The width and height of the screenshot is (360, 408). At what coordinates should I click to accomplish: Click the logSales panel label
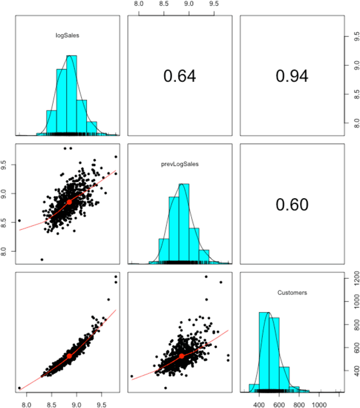tap(67, 36)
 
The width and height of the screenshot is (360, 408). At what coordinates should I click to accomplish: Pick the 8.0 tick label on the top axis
tap(139, 4)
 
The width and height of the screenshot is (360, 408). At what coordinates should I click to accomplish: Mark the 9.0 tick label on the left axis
tap(6, 193)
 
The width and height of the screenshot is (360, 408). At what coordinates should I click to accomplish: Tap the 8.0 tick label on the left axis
tap(6, 252)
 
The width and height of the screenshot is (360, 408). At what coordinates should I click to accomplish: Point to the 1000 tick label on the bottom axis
tap(319, 404)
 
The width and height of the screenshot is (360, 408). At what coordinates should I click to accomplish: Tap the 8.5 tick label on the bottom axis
tap(52, 404)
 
